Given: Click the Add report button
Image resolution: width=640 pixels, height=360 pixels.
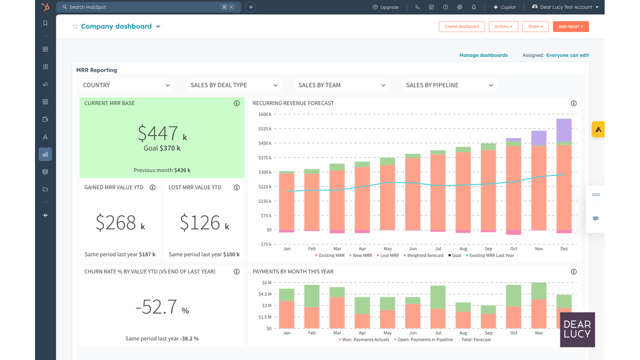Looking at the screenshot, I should click(571, 27).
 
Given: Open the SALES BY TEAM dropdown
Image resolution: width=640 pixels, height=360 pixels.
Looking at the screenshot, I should click(342, 85).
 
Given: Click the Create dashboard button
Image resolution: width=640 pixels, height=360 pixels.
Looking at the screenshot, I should click(462, 27).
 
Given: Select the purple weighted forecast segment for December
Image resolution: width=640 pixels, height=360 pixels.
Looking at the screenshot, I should click(564, 130).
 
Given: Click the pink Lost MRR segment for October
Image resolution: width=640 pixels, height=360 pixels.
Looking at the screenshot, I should click(513, 232).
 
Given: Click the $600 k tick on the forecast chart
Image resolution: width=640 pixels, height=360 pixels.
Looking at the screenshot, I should click(265, 114).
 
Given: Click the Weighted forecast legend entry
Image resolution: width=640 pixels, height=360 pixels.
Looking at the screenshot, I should click(425, 256).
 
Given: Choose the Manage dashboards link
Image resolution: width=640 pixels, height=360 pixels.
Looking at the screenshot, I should click(483, 55).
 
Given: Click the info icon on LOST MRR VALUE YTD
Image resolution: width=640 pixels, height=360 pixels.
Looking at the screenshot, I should click(237, 188).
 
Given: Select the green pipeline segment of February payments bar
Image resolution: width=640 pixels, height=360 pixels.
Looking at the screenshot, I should click(312, 296).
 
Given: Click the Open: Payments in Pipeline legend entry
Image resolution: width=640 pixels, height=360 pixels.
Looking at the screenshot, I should click(425, 340).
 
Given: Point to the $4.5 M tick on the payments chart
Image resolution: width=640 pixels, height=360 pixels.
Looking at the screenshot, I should click(265, 294).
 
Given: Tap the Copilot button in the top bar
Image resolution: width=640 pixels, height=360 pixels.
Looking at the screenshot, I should click(504, 7).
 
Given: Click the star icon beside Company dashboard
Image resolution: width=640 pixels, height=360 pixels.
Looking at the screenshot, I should click(75, 26).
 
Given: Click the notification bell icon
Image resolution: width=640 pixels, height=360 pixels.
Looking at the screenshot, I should click(474, 7).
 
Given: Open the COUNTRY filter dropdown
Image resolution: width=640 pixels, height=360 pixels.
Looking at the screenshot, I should click(127, 85).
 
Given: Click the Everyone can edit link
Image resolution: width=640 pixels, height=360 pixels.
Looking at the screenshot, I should click(567, 55).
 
